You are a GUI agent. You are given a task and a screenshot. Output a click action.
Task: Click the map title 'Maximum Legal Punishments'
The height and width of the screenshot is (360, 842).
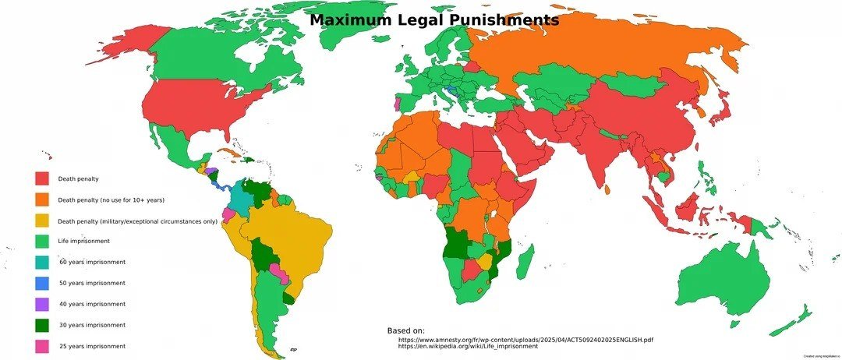point(434,20)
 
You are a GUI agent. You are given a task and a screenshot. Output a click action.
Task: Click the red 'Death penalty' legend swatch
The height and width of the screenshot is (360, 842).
point(42,179)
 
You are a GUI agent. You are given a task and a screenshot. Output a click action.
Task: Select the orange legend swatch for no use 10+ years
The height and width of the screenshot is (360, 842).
point(42,200)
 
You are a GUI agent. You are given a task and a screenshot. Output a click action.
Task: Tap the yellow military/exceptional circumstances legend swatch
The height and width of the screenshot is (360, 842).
point(42,221)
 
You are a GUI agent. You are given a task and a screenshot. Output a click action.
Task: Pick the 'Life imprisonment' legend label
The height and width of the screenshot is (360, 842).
point(83,242)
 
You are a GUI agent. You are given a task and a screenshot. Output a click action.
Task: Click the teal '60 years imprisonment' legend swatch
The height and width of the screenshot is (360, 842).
point(42,263)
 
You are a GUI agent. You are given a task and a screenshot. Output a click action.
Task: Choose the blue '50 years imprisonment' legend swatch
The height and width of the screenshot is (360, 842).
point(42,284)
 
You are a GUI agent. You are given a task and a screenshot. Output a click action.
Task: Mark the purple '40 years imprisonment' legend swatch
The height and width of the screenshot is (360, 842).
point(42,304)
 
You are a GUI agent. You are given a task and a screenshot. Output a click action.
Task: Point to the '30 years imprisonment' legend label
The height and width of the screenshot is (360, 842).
point(92,325)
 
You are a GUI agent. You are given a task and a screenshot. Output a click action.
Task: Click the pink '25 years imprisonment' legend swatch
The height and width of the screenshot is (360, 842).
point(42,346)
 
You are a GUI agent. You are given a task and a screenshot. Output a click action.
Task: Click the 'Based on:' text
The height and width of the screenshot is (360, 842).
point(405,331)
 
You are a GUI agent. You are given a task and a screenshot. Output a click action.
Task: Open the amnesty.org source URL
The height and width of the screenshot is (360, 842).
point(525,340)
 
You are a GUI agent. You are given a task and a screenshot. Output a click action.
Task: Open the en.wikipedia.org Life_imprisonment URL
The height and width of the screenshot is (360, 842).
point(468,347)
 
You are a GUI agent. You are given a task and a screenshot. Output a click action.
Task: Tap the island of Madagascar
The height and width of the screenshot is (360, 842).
point(525,260)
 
